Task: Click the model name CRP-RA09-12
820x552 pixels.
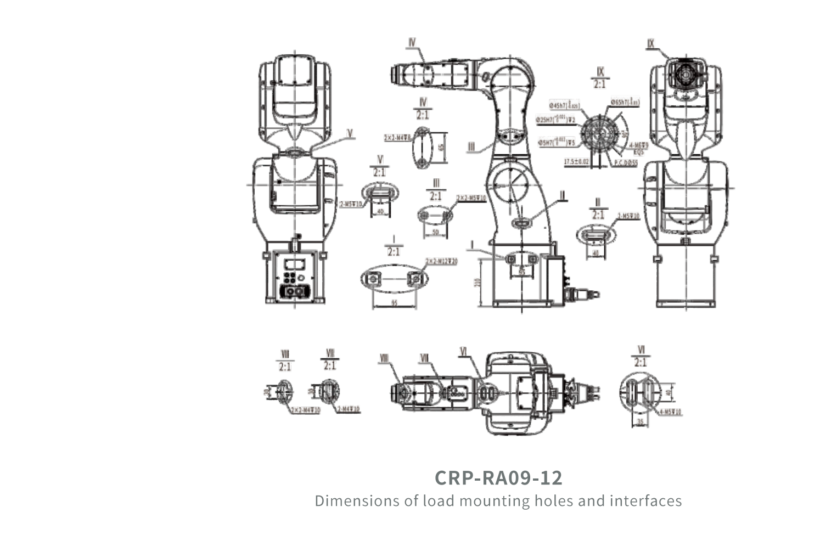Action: tap(498, 477)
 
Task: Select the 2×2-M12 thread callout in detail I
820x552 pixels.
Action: tap(441, 262)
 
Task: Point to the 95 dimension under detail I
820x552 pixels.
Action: tap(394, 303)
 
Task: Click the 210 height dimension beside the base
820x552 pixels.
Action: tap(478, 282)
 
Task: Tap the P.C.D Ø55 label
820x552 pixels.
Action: tap(626, 163)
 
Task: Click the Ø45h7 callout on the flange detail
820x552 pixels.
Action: tap(564, 105)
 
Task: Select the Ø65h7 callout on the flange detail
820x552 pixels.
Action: tap(625, 102)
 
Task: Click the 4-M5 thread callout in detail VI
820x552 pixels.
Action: tap(670, 412)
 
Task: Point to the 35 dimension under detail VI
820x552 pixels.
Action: tap(640, 422)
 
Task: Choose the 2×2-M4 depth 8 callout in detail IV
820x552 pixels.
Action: tap(397, 138)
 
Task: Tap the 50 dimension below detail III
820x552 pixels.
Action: tap(436, 233)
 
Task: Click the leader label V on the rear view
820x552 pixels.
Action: tap(350, 133)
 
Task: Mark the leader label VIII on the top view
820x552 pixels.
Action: tap(384, 359)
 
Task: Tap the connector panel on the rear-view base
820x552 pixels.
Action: tap(295, 277)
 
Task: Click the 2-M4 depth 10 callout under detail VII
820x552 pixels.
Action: tap(348, 409)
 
